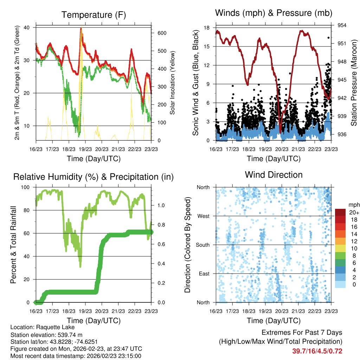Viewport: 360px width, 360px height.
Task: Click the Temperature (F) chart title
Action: (94, 15)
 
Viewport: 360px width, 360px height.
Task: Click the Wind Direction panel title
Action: (274, 175)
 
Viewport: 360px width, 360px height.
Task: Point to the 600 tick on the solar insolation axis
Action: (161, 33)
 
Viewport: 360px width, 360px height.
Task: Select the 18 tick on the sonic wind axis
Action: (207, 27)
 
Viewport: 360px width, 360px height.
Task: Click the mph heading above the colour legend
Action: (353, 205)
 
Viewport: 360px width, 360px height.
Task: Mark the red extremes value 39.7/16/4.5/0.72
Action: (317, 351)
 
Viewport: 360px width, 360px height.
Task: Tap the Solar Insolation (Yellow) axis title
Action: (173, 83)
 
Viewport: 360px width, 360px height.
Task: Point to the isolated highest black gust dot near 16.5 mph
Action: (329, 38)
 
